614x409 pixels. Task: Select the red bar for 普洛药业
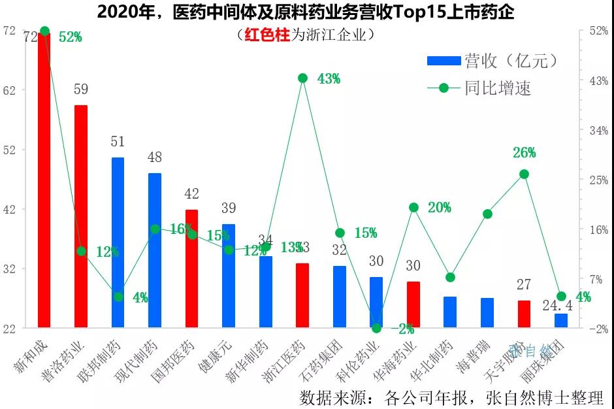[80, 216]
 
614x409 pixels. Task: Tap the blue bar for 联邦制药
[118, 242]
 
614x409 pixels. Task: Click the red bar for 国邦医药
[191, 268]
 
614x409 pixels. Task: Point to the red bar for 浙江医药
[302, 295]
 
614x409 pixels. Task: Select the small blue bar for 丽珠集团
[561, 320]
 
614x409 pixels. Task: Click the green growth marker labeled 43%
[302, 78]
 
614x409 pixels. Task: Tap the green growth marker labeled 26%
[524, 174]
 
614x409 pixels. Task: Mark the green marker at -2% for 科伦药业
[376, 328]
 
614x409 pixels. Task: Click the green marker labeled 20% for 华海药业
[413, 208]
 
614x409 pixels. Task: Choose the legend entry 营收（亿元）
[493, 61]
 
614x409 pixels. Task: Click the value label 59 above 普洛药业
[81, 90]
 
